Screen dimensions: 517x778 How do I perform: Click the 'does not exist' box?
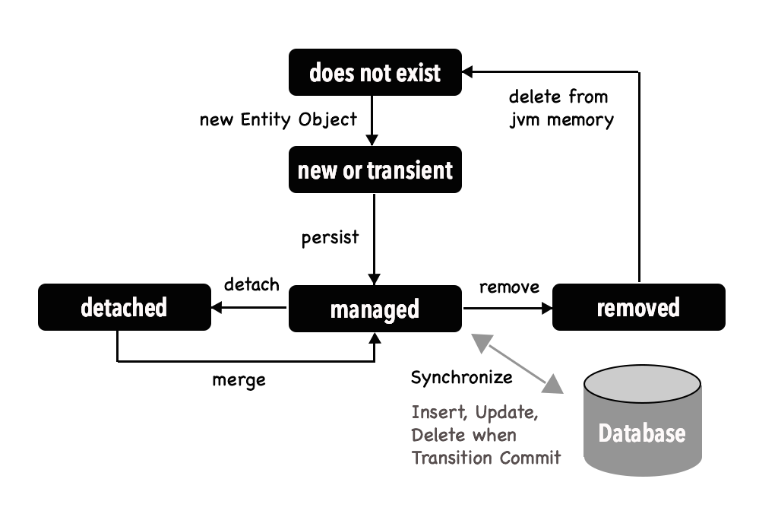375,73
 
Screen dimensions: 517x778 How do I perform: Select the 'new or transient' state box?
375,170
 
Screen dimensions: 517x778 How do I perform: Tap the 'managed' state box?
375,309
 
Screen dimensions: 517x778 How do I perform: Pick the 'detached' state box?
124,307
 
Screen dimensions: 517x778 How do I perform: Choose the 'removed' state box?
638,307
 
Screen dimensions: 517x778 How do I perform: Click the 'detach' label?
251,285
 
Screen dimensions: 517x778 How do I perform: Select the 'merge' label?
239,379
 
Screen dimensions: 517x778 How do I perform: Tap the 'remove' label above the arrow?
509,287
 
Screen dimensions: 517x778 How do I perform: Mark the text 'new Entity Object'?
278,119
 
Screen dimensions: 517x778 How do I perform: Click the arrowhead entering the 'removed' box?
546,308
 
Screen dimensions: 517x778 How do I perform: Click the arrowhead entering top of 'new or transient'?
372,141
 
